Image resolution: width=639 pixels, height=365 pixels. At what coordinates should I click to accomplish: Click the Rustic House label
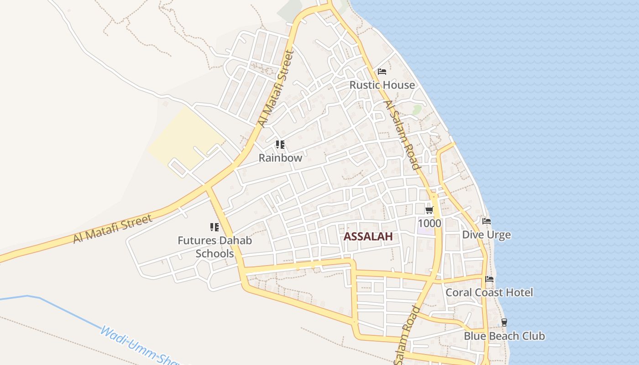pos(382,85)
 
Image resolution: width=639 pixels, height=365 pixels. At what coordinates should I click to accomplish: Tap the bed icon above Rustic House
pos(382,72)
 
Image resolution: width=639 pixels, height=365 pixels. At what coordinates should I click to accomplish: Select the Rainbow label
pos(280,158)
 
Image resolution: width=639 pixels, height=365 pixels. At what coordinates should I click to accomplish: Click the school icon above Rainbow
pos(280,145)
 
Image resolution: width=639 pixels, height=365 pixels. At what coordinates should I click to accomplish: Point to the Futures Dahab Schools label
pos(215,247)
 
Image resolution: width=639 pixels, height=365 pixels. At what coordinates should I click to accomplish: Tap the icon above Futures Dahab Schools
pos(214,227)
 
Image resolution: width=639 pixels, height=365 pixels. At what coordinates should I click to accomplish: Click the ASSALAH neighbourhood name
pos(368,236)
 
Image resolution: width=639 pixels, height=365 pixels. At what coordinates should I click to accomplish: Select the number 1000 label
pos(429,223)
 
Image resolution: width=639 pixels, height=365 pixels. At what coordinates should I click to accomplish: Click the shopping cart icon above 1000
pos(429,210)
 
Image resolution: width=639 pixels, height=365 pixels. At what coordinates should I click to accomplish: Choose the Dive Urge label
pos(487,235)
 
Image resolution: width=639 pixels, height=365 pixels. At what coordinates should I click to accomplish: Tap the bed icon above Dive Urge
pos(487,221)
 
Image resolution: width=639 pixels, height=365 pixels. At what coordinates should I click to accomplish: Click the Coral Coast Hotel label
pos(489,292)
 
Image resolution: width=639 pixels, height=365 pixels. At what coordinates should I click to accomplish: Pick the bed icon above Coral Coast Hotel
pos(489,279)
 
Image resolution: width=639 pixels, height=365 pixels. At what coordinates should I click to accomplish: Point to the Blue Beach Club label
pos(504,336)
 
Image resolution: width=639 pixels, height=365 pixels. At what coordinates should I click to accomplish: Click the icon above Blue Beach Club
pos(504,322)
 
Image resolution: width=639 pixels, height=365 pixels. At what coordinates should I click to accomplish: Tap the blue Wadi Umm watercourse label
pos(137,346)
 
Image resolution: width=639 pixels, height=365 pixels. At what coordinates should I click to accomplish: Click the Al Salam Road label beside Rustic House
pos(402,135)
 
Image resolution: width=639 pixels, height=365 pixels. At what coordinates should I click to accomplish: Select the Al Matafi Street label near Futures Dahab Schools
pos(113,229)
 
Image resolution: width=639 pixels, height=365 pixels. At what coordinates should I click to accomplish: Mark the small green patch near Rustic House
pos(417,109)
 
